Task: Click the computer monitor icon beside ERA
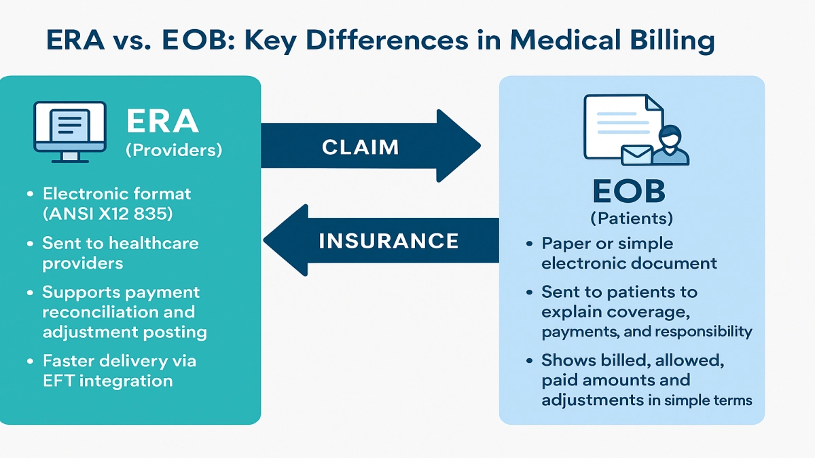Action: [x=70, y=132]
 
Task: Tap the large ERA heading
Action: [x=162, y=122]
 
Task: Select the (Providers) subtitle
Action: [x=174, y=151]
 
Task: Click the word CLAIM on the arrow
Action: [x=360, y=147]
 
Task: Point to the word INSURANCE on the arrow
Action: [x=388, y=240]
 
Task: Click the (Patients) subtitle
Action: [x=632, y=218]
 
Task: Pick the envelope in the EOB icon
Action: [x=636, y=154]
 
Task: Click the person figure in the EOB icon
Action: [x=670, y=146]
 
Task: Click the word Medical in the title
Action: [x=561, y=41]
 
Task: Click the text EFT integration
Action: [x=107, y=380]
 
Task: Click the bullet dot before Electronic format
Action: [x=30, y=194]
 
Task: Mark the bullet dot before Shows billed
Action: [x=528, y=361]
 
